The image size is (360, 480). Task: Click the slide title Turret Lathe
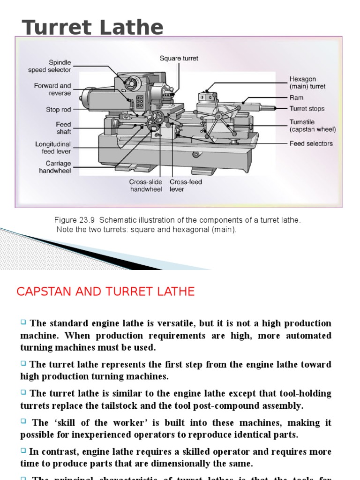pyautogui.click(x=93, y=28)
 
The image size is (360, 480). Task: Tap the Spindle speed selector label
pyautogui.click(x=50, y=66)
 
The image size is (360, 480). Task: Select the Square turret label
pyautogui.click(x=179, y=59)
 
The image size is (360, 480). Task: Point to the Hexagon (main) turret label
pyautogui.click(x=307, y=83)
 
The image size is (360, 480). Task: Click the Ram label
pyautogui.click(x=296, y=97)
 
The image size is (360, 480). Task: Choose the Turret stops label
pyautogui.click(x=307, y=109)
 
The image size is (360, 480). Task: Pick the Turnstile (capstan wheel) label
pyautogui.click(x=312, y=126)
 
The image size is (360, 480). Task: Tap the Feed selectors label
pyautogui.click(x=311, y=143)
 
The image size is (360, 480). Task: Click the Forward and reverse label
pyautogui.click(x=52, y=90)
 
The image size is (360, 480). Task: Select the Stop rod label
pyautogui.click(x=59, y=110)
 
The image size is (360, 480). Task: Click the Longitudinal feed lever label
pyautogui.click(x=53, y=148)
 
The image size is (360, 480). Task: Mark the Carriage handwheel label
pyautogui.click(x=55, y=167)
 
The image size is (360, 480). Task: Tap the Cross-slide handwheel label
pyautogui.click(x=146, y=186)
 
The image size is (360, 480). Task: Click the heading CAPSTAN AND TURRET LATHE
pyautogui.click(x=105, y=292)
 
